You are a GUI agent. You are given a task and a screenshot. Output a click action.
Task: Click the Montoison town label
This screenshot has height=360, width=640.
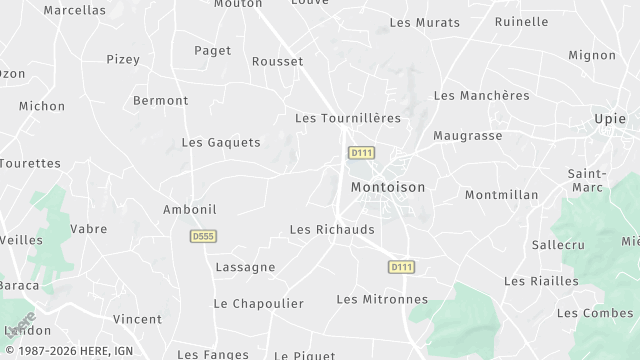coord(388,187)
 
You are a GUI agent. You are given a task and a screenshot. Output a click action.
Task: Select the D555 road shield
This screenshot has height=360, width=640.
coord(203,236)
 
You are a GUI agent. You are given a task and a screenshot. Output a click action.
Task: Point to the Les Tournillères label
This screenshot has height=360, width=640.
coord(347,118)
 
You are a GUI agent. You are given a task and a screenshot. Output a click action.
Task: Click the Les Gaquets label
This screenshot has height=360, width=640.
coord(221,142)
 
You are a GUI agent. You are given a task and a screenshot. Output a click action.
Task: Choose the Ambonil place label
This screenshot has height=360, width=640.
coord(190,209)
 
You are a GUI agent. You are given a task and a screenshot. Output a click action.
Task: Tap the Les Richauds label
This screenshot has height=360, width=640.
coord(332,229)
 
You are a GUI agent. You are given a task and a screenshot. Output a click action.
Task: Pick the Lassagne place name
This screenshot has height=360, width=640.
coord(245,267)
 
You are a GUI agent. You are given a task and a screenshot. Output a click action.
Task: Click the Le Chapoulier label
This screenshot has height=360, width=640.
coord(258,303)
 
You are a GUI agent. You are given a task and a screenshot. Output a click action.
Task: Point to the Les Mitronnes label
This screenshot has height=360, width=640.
coord(382,299)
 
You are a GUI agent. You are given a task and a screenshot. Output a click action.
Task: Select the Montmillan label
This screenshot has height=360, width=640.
coord(501,195)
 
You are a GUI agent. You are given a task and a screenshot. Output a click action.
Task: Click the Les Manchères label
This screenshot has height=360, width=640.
coord(481,95)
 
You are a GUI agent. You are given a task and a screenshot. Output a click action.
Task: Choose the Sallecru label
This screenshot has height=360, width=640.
coord(558,244)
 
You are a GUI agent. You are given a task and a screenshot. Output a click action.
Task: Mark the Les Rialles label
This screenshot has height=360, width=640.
coord(541,281)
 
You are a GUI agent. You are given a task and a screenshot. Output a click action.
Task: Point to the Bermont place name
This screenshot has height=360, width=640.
coord(160,100)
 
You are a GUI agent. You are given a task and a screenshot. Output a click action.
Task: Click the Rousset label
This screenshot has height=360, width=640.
coord(278,61)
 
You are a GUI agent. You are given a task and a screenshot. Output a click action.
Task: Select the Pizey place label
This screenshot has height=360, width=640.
coord(122,59)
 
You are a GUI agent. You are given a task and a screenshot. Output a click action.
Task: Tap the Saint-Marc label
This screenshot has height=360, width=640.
coord(586,180)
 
